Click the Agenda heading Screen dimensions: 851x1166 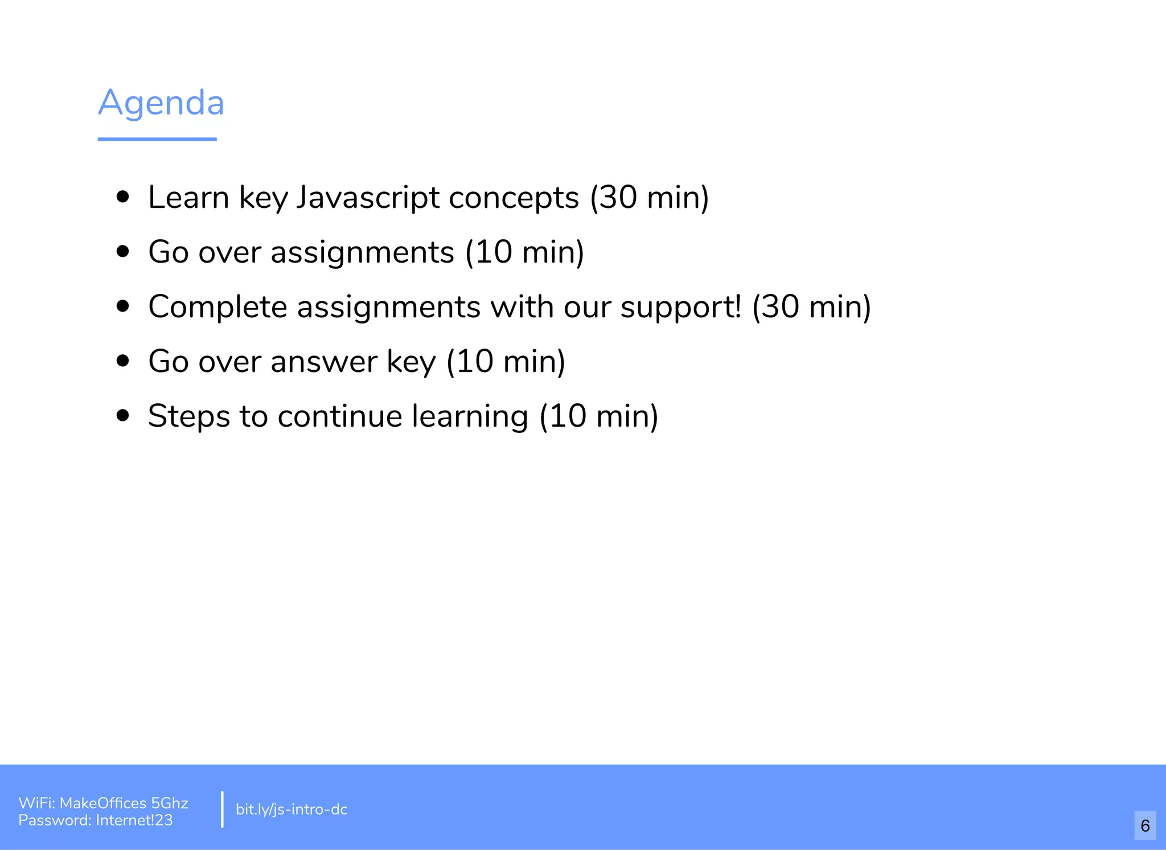pyautogui.click(x=161, y=103)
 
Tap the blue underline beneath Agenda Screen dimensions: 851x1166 pyautogui.click(x=157, y=139)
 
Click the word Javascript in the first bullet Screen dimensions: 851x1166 pyautogui.click(x=368, y=198)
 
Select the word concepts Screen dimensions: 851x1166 pyautogui.click(x=514, y=199)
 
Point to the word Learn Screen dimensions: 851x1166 pyautogui.click(x=188, y=198)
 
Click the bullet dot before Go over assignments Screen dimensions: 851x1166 pyautogui.click(x=122, y=251)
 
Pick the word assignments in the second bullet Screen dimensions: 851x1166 pyautogui.click(x=363, y=252)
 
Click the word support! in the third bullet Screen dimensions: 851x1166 pyautogui.click(x=681, y=308)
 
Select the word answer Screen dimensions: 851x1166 pyautogui.click(x=324, y=362)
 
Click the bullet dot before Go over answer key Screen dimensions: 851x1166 pyautogui.click(x=122, y=361)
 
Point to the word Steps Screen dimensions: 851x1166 pyautogui.click(x=189, y=416)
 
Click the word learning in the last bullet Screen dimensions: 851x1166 pyautogui.click(x=470, y=416)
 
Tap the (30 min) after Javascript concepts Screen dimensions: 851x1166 pyautogui.click(x=650, y=198)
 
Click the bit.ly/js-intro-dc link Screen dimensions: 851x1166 pyautogui.click(x=291, y=809)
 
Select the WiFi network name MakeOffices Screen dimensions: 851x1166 pyautogui.click(x=103, y=803)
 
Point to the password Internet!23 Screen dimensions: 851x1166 pyautogui.click(x=134, y=820)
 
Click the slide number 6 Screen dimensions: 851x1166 pyautogui.click(x=1145, y=825)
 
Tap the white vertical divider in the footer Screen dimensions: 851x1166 pyautogui.click(x=222, y=809)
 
